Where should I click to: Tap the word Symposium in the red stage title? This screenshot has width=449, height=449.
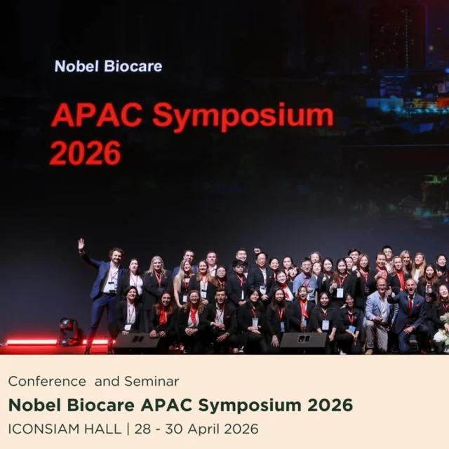click(x=243, y=117)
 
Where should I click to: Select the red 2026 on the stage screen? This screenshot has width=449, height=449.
click(x=86, y=153)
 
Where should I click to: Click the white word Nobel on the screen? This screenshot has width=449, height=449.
click(x=76, y=66)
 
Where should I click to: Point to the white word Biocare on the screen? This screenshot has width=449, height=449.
click(x=133, y=66)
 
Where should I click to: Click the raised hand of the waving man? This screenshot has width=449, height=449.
click(x=81, y=243)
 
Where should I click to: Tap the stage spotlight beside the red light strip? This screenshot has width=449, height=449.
click(x=68, y=330)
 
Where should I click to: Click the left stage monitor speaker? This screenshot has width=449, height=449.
click(x=137, y=340)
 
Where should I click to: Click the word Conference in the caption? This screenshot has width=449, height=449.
click(x=47, y=382)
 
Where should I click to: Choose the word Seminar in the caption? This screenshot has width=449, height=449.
click(x=152, y=382)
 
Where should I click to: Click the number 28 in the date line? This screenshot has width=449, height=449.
click(x=142, y=429)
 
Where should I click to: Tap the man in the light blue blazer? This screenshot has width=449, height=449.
click(x=379, y=312)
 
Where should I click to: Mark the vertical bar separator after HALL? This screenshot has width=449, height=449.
click(x=128, y=429)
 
